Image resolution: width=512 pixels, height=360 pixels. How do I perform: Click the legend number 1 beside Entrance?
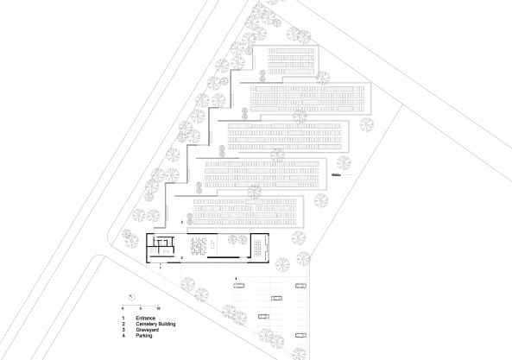coord(123,319)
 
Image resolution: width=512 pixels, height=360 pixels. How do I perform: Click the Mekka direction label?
coord(337,175)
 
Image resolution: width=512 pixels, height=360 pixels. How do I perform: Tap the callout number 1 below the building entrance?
coord(161,268)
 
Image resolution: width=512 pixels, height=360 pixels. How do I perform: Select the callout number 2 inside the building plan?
coord(182,258)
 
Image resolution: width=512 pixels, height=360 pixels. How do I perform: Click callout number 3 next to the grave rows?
coord(181,222)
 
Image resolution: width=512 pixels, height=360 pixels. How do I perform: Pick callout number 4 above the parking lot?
coord(236,277)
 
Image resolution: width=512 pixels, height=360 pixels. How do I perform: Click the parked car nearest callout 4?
coord(238,287)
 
